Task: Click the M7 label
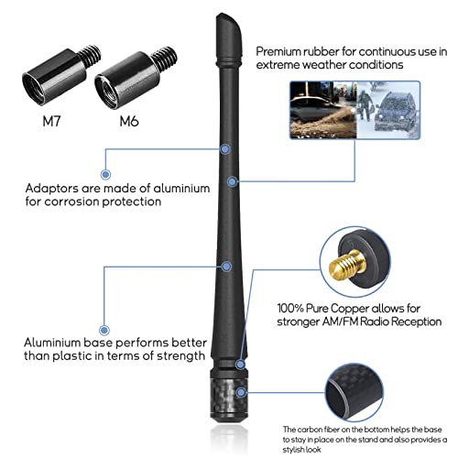point(51,122)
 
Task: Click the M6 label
point(129,122)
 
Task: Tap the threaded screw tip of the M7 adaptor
point(90,56)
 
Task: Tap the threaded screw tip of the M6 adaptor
point(164,58)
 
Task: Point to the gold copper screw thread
point(347,266)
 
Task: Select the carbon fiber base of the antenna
point(229,396)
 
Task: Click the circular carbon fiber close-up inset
point(354,393)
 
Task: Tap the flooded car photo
point(323,110)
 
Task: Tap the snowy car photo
point(388,110)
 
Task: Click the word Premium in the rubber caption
point(278,52)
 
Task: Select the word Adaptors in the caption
point(51,189)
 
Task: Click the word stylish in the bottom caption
point(301,450)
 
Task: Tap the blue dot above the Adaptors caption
point(105,175)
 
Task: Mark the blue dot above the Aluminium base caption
point(104,330)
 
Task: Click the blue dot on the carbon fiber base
point(241,392)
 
